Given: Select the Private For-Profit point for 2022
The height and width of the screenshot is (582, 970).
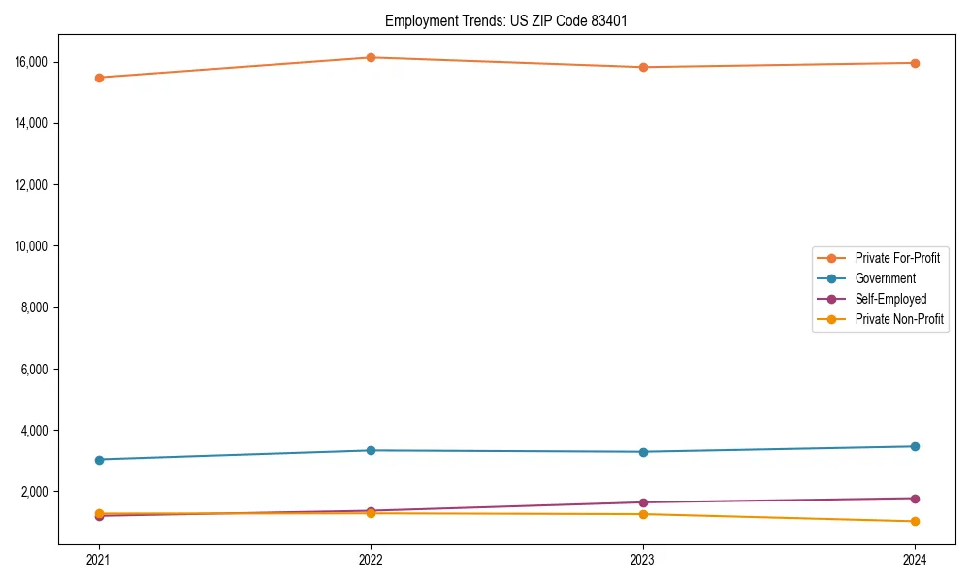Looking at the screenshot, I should pyautogui.click(x=371, y=57).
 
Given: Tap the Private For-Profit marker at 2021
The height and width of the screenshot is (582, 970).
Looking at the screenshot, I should pyautogui.click(x=99, y=78).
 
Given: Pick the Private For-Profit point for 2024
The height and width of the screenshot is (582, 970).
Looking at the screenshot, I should pyautogui.click(x=915, y=63).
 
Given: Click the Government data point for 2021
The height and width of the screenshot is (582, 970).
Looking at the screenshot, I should pyautogui.click(x=99, y=459).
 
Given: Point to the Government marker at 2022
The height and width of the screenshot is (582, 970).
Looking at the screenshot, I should pyautogui.click(x=371, y=450).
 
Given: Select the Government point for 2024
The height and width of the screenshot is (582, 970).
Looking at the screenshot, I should pyautogui.click(x=915, y=446).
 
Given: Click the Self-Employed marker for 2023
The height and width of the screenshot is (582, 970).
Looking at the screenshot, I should pyautogui.click(x=643, y=502).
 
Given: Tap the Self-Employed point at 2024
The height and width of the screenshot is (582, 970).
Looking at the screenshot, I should pyautogui.click(x=915, y=499).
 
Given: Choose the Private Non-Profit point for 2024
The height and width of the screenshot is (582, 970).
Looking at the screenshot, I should pyautogui.click(x=915, y=521).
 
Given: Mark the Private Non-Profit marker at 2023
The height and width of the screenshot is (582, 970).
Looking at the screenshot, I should pyautogui.click(x=643, y=514).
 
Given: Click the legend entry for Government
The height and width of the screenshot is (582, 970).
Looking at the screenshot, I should pyautogui.click(x=885, y=278).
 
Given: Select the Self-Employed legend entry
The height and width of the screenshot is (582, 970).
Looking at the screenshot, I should pyautogui.click(x=890, y=299).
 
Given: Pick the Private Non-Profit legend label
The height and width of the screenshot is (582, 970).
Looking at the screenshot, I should pyautogui.click(x=899, y=319).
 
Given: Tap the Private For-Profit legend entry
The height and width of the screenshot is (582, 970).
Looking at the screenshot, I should pyautogui.click(x=897, y=258).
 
